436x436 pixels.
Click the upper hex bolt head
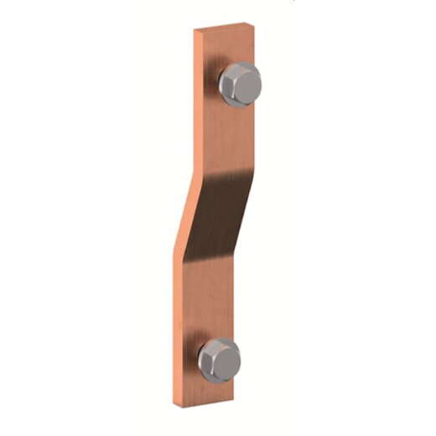pos(241,82)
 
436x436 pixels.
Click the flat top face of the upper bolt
pos(244,80)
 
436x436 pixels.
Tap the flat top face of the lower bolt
pos(223,356)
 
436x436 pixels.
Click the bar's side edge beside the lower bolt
pos(178,361)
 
